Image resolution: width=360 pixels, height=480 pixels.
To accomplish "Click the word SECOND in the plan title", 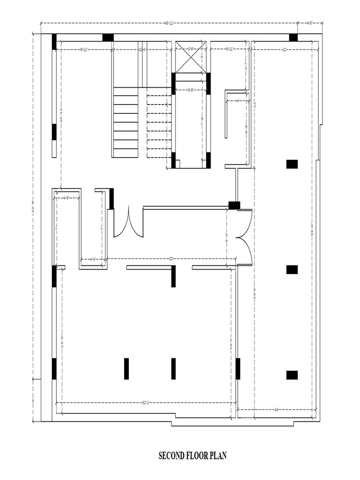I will (x=171, y=455).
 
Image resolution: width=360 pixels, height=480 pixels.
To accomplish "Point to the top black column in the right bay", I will (x=292, y=164).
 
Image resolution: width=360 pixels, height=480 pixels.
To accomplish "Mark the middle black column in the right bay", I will (x=292, y=270).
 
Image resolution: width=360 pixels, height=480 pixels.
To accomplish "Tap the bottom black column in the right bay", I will (x=292, y=375).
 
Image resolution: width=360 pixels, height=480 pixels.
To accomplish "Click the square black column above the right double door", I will (x=234, y=205).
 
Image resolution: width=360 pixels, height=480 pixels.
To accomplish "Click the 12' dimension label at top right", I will (x=285, y=49).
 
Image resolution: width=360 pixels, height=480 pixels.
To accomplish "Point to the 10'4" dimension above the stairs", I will (x=142, y=49).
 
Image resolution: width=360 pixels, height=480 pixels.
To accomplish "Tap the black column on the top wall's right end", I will (x=293, y=37).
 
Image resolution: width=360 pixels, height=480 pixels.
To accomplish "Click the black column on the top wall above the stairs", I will (x=108, y=37).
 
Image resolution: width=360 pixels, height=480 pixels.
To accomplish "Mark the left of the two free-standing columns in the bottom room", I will (x=127, y=368).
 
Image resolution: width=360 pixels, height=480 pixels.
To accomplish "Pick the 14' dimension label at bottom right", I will (x=277, y=410).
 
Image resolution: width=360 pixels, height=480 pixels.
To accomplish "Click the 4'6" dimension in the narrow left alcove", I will (x=67, y=198).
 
